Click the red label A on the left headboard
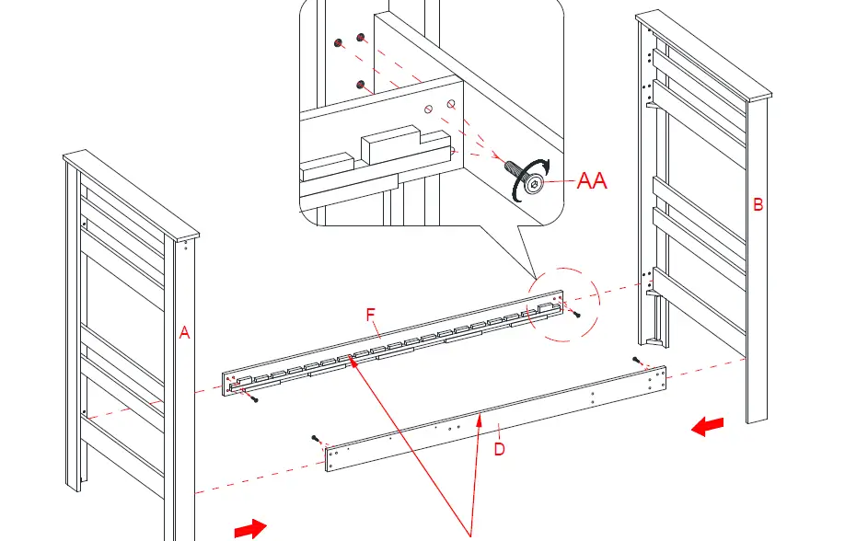[184, 334]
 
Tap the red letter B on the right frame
[758, 205]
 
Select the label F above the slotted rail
[371, 316]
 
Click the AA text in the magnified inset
[592, 181]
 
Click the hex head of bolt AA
[532, 187]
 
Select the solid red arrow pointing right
[250, 528]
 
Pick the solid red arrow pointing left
[707, 427]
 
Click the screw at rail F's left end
[253, 398]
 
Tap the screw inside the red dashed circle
[576, 316]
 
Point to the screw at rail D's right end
[636, 358]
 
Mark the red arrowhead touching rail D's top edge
[479, 419]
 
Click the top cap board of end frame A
[130, 192]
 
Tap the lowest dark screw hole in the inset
[363, 85]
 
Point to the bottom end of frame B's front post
[756, 419]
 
